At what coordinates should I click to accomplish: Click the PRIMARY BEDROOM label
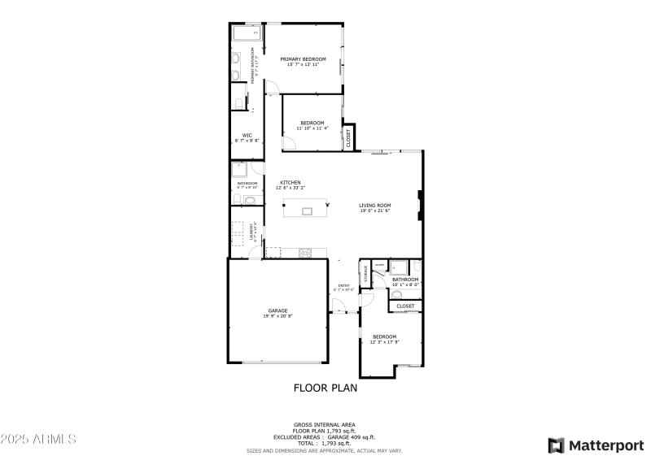point(303,59)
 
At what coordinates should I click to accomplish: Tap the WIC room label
point(247,135)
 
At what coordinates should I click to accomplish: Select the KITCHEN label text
point(291,182)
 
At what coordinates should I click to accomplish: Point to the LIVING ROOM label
point(375,205)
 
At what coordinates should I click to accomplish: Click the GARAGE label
point(277,310)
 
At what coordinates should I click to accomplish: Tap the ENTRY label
point(343,285)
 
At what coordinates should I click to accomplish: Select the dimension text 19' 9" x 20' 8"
point(277,316)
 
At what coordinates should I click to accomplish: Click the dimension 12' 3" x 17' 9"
point(384,342)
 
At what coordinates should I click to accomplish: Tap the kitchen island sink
point(307,211)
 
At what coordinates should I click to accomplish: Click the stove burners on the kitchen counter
point(305,252)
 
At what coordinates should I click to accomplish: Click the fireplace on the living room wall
point(419,206)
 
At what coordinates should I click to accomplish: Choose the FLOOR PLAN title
point(325,388)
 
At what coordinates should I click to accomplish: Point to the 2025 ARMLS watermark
point(38,439)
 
